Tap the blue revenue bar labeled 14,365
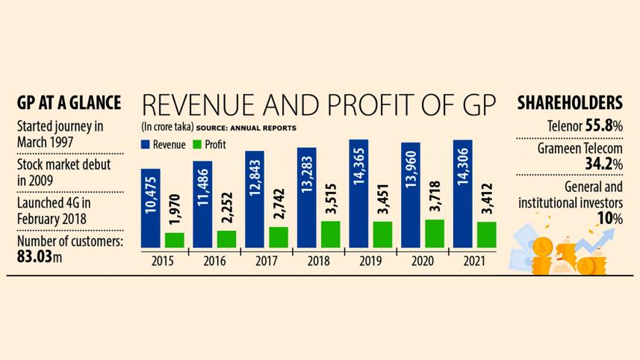coord(359,193)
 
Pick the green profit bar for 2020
coord(435,233)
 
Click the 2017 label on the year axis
coord(267,262)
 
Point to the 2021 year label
coord(473,262)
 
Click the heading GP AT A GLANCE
coord(69,102)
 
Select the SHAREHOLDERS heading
coord(570,102)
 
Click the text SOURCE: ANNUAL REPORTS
coord(246,128)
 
